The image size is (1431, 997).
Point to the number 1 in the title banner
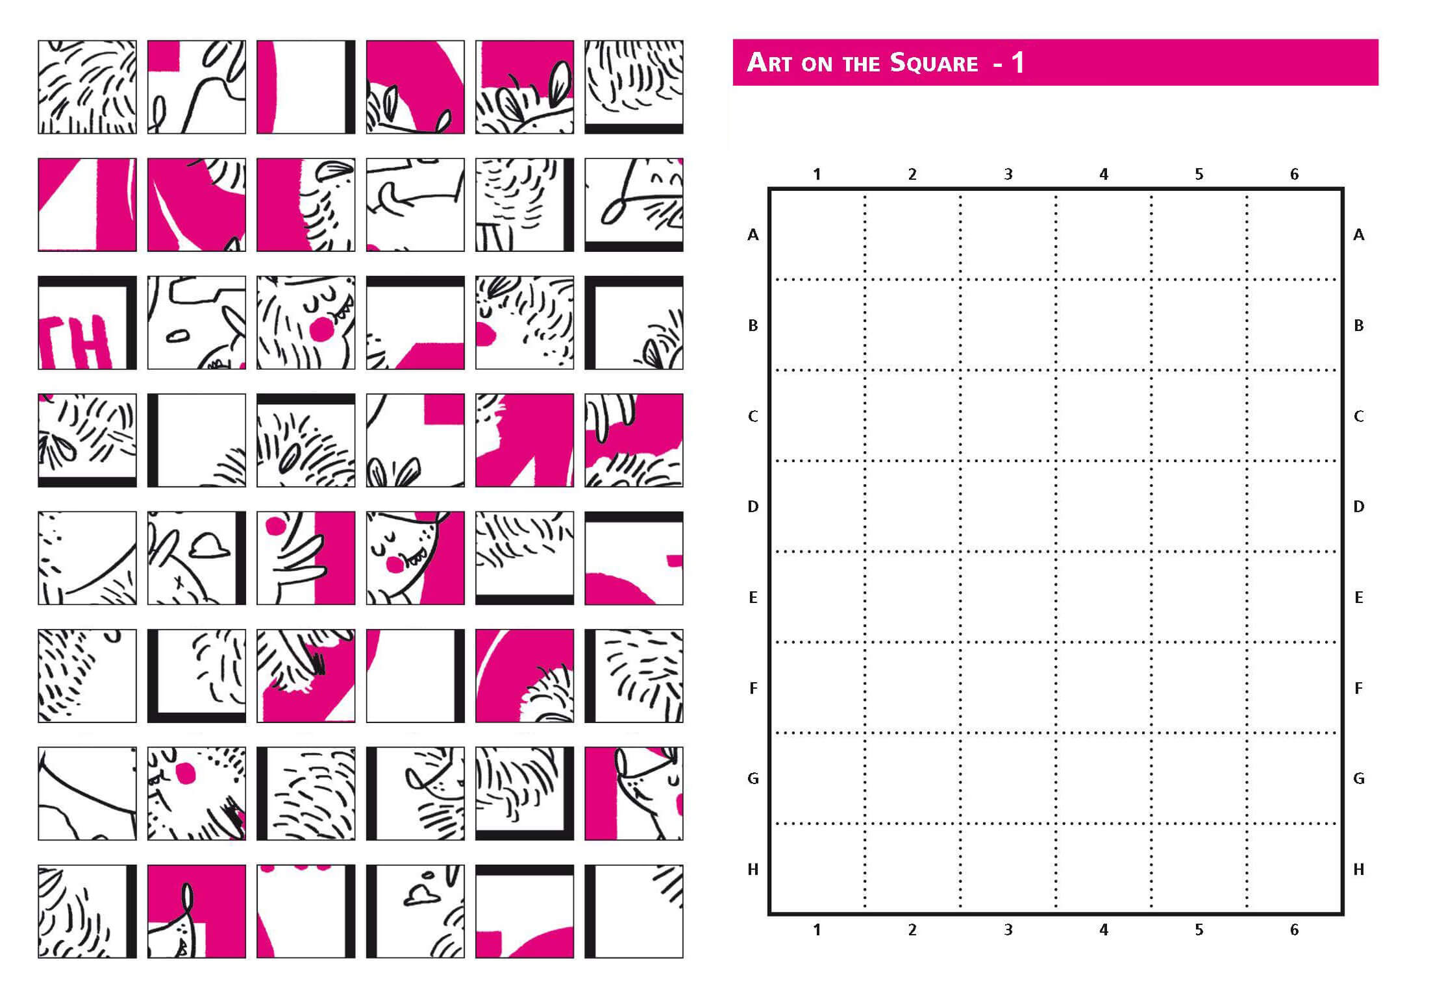(1017, 63)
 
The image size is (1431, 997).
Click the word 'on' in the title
(816, 64)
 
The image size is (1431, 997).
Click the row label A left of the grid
(753, 235)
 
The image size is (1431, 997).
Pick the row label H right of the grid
(1358, 870)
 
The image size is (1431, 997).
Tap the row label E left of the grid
(753, 598)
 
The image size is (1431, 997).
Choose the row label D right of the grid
(1358, 507)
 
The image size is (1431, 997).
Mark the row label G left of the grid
(753, 779)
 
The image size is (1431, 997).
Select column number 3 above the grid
(1008, 175)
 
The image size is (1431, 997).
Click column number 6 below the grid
(1294, 930)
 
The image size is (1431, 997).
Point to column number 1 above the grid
(817, 175)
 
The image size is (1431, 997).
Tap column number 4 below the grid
(1104, 930)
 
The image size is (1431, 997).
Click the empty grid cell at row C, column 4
(1104, 416)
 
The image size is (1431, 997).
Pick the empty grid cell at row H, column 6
(1293, 868)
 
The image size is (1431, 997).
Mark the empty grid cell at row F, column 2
(913, 688)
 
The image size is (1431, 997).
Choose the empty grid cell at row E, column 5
(1199, 597)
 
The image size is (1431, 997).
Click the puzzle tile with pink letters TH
(87, 323)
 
